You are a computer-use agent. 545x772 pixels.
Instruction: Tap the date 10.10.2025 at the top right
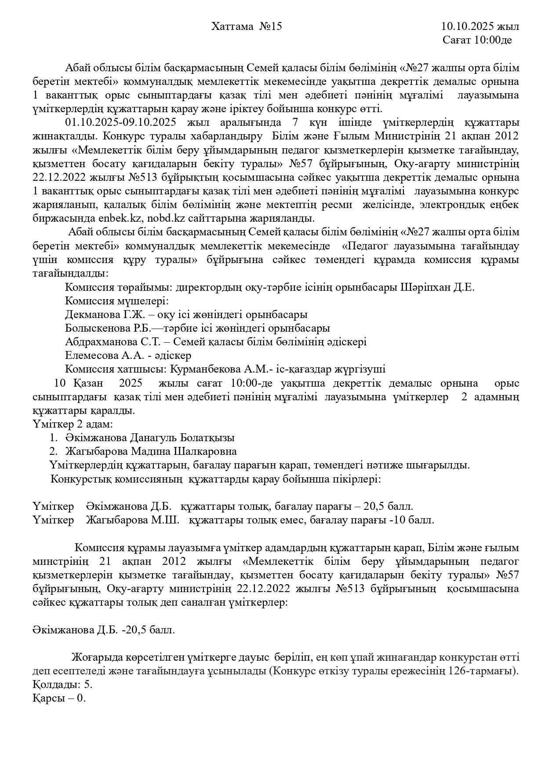point(468,26)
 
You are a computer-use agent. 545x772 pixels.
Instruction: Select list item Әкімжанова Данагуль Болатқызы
point(149,438)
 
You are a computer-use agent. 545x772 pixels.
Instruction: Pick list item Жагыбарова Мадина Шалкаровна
point(151,452)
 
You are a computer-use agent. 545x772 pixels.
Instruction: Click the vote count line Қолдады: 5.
point(62,685)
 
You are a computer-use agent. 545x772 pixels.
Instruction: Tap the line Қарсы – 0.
point(59,699)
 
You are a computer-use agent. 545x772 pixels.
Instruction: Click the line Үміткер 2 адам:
point(73,424)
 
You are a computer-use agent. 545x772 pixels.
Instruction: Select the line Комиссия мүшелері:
point(117,301)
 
